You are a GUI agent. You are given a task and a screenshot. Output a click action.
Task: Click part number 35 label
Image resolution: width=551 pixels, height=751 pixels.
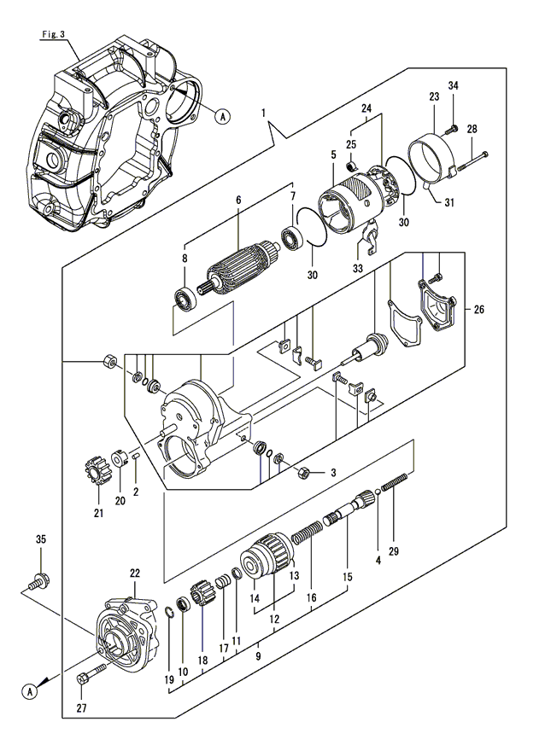(x=40, y=539)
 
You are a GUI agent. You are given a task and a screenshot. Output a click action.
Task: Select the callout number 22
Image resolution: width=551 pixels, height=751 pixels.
(x=135, y=573)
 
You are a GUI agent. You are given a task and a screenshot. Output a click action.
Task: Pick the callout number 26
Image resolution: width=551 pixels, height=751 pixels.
(x=478, y=310)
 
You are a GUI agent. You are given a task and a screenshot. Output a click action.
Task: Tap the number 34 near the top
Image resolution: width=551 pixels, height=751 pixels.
(x=453, y=85)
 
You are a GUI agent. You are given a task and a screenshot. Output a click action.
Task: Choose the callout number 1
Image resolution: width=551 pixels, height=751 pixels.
(x=264, y=113)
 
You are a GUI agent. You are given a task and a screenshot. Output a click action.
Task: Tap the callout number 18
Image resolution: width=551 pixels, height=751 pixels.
(x=202, y=660)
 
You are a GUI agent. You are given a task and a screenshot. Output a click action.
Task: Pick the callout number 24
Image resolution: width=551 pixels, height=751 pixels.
(x=366, y=109)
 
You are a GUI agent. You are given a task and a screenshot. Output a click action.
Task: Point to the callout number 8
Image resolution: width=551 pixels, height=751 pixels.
(x=185, y=258)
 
